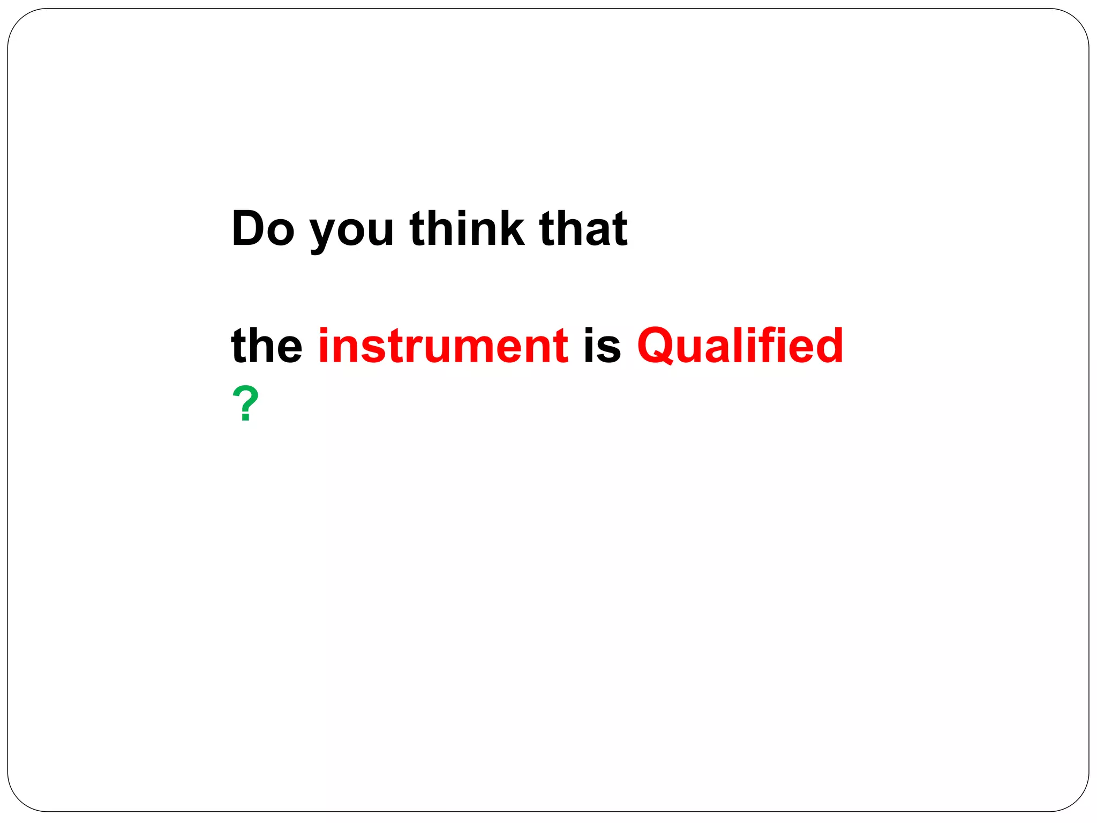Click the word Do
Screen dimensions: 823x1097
(263, 229)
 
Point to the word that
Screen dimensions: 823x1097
(583, 229)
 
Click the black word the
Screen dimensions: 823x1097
(266, 346)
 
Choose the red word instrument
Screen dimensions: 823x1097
(443, 346)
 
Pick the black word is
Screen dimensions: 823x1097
(602, 346)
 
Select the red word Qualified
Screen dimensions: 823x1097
(740, 346)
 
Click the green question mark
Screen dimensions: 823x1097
(245, 404)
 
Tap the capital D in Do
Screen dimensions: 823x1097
(248, 229)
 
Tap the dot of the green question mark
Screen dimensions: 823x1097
(246, 417)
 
